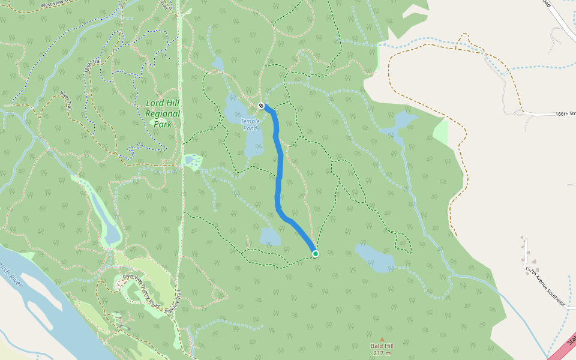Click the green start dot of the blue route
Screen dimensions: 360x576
[316, 254]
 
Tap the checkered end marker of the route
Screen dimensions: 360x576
[261, 106]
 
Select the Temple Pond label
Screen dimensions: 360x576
[250, 124]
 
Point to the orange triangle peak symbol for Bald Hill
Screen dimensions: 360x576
[382, 340]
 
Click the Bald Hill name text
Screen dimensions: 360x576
[382, 346]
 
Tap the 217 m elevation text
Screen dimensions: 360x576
[382, 353]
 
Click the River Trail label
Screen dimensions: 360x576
[65, 101]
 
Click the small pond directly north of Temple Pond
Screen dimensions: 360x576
[217, 63]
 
